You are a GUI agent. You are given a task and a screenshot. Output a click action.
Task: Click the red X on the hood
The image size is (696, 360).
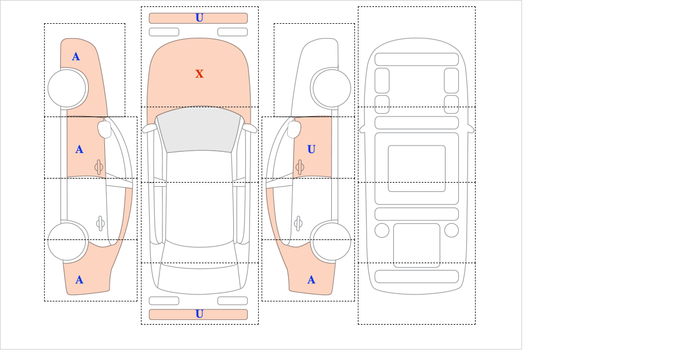[200, 74]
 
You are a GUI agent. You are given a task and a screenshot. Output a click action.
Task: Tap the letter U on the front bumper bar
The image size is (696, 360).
[200, 18]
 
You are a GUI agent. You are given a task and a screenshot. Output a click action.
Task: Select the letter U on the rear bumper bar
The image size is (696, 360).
[200, 314]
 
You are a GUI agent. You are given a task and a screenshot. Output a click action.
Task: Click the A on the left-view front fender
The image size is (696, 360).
[76, 57]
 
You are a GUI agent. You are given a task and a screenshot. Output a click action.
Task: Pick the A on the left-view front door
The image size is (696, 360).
[79, 150]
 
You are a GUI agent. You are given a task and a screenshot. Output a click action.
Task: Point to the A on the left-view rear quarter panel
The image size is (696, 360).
[79, 280]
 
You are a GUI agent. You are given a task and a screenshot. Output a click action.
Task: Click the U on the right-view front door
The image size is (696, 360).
[311, 150]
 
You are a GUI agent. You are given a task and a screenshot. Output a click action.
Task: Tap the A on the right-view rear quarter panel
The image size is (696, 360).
[311, 280]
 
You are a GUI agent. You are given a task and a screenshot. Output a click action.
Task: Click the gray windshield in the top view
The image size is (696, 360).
[199, 129]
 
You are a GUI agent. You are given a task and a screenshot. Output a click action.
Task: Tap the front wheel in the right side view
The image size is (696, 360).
[332, 88]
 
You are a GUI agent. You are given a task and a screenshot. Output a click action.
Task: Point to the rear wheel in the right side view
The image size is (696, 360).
[332, 241]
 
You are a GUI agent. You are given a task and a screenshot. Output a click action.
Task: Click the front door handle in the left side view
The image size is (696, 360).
[99, 168]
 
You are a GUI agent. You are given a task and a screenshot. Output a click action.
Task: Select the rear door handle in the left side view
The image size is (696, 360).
[100, 223]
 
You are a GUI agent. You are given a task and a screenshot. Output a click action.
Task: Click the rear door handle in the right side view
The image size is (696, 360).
[299, 223]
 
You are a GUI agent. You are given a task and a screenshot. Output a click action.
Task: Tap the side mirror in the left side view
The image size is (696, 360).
[104, 129]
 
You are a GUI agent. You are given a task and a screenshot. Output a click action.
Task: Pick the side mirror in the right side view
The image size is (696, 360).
[294, 129]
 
